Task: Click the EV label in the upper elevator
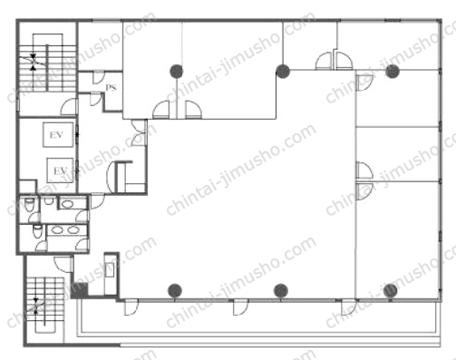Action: coord(56,135)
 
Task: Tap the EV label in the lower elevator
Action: coord(60,171)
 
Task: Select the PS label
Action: coord(111,87)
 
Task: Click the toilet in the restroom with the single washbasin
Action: coord(29,204)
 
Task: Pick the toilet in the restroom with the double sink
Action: coord(37,231)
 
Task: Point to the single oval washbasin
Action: coord(67,204)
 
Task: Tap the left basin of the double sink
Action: coord(57,230)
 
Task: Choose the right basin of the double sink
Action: coord(73,230)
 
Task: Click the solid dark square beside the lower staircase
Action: coord(79,290)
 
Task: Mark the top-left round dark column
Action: coord(177,72)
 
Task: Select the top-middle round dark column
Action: coord(283,72)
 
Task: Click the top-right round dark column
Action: coord(393,72)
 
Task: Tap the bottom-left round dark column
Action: coord(175,291)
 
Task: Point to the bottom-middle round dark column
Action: coord(281,291)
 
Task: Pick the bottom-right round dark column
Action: coord(390,291)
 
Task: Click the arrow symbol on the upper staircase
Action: coord(34,62)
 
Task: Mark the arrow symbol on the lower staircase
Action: coord(36,306)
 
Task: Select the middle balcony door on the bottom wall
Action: coord(240,307)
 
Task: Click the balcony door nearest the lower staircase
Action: coord(131,307)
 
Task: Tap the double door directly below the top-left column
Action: coord(177,110)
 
